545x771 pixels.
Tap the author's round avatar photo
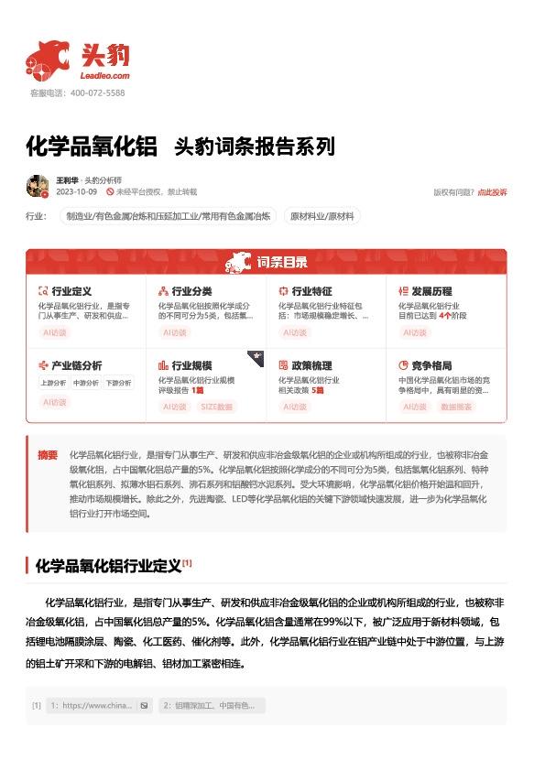click(38, 186)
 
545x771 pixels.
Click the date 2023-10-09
click(76, 192)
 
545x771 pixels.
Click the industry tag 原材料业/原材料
click(322, 216)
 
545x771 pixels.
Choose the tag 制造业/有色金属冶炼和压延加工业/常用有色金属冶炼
click(169, 216)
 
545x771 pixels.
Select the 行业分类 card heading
click(191, 290)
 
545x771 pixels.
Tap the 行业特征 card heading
click(311, 290)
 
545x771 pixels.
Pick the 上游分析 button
click(53, 383)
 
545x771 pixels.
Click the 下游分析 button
click(117, 383)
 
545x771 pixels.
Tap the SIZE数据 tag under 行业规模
click(218, 406)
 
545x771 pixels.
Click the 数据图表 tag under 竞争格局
click(457, 406)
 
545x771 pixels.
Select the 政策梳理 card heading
click(311, 364)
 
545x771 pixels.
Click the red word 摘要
click(48, 454)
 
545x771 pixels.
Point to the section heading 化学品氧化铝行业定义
click(107, 566)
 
